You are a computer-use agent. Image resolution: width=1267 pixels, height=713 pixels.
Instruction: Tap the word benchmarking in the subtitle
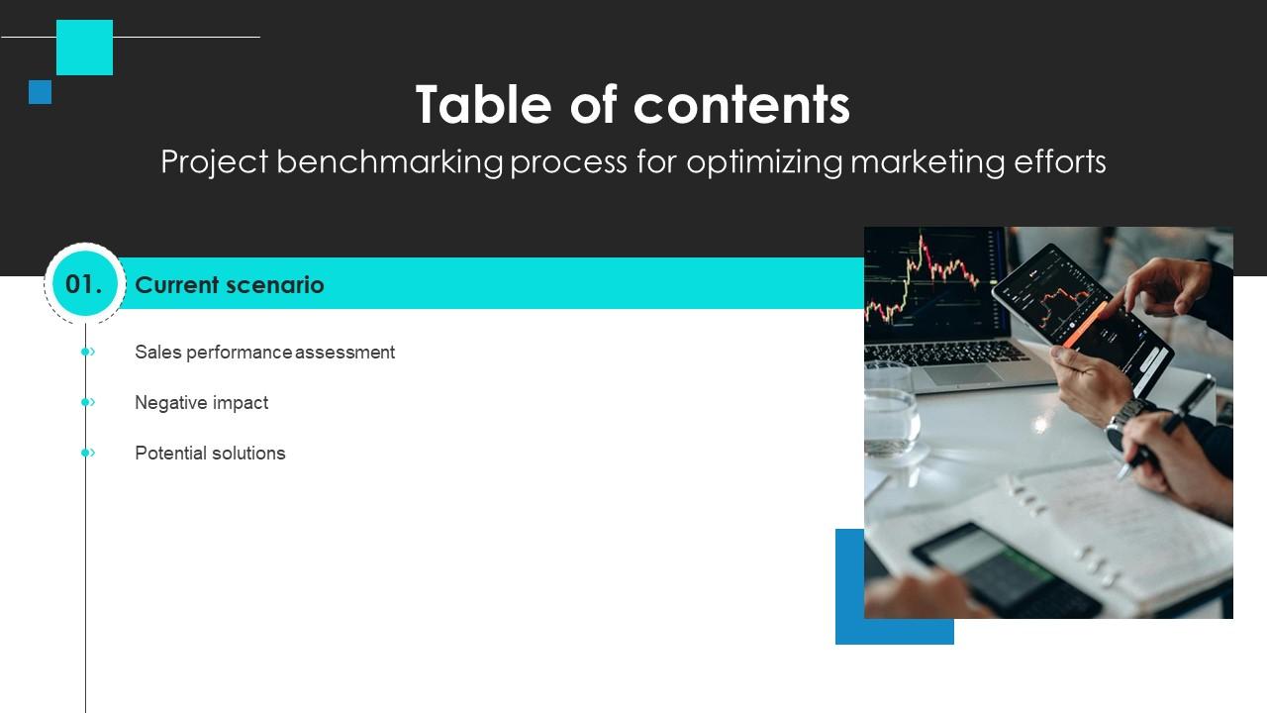pyautogui.click(x=389, y=161)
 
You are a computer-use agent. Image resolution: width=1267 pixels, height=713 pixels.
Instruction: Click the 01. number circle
pyautogui.click(x=84, y=284)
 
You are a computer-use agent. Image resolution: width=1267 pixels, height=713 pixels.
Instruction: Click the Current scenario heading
pyautogui.click(x=229, y=285)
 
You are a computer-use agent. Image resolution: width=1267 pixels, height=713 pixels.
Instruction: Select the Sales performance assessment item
pyautogui.click(x=264, y=352)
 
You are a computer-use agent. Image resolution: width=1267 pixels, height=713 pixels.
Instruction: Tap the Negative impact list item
pyautogui.click(x=201, y=402)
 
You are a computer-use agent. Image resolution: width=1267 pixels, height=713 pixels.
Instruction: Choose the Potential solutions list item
pyautogui.click(x=210, y=453)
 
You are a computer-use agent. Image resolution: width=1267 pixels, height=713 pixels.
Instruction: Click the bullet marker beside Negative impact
pyautogui.click(x=87, y=402)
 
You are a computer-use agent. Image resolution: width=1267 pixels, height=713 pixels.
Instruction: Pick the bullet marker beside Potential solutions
pyautogui.click(x=87, y=453)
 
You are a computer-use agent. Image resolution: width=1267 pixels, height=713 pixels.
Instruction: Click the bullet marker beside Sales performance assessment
pyautogui.click(x=87, y=352)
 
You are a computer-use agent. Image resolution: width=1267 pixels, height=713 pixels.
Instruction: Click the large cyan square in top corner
pyautogui.click(x=84, y=48)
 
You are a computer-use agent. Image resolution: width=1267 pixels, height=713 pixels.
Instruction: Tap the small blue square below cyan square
pyautogui.click(x=40, y=92)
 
